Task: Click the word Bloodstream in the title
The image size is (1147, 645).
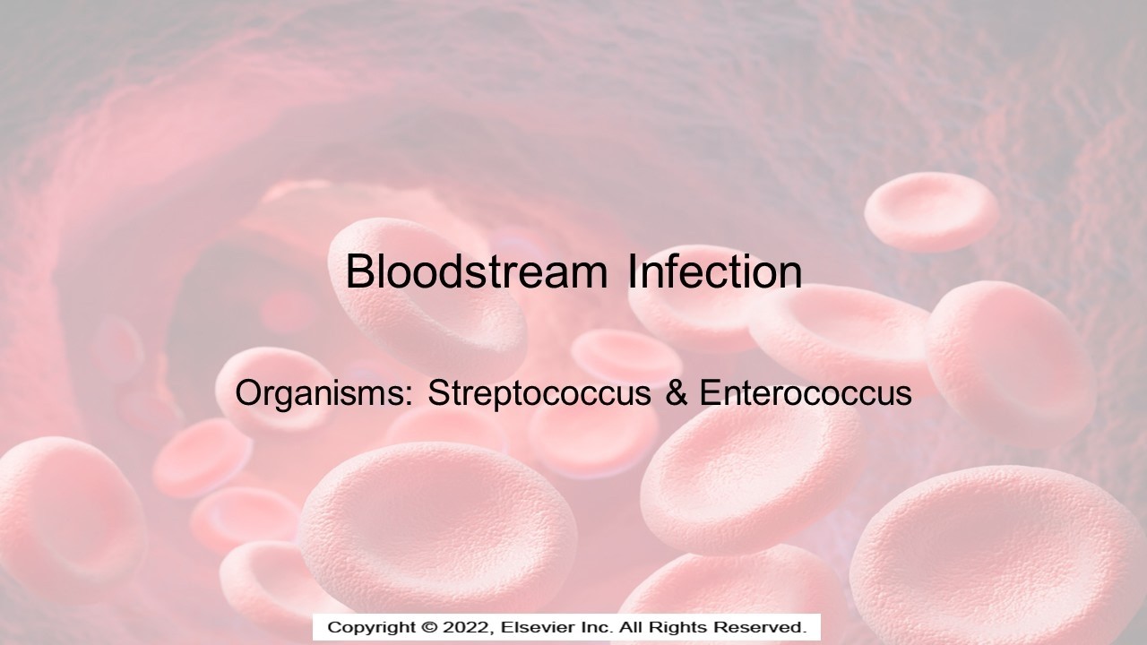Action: [477, 271]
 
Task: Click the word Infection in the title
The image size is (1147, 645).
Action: [715, 271]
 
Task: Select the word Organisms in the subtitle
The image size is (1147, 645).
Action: [323, 394]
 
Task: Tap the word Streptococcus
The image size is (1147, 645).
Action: [539, 394]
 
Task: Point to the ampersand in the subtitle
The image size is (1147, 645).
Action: [677, 393]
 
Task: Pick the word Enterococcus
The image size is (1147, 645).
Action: [806, 393]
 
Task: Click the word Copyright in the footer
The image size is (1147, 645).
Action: [372, 628]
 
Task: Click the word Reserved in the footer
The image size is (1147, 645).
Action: [761, 627]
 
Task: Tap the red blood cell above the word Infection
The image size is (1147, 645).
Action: [931, 212]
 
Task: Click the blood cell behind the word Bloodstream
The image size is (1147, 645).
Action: [427, 299]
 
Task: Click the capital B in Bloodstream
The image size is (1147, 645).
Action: [360, 271]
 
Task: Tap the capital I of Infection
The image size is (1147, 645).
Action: [632, 271]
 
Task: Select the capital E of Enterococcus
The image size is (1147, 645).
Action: [711, 393]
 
